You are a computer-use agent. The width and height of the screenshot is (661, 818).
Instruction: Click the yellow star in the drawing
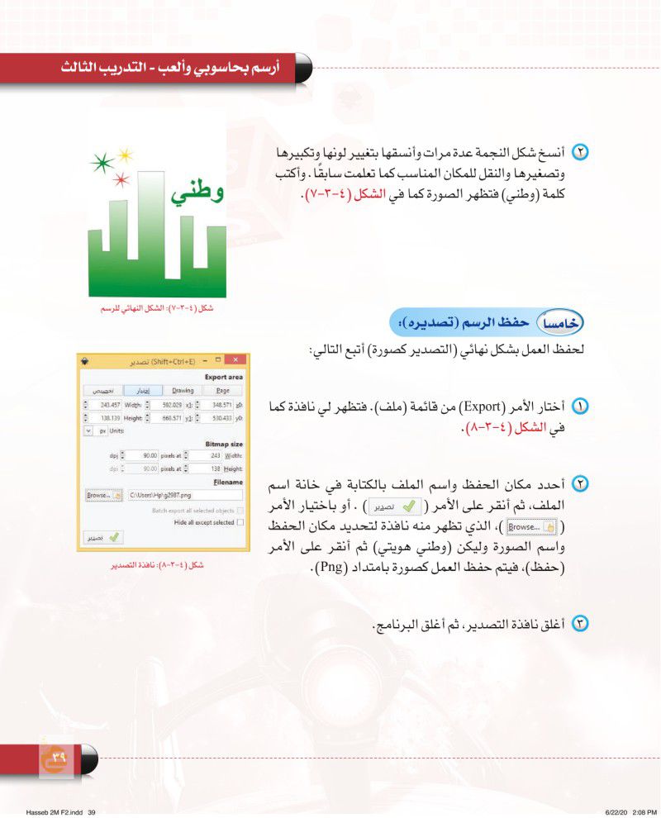tap(125, 154)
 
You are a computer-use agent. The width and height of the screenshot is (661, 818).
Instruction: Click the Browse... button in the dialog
tap(104, 495)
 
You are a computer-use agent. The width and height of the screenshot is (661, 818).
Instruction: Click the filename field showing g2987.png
tap(184, 495)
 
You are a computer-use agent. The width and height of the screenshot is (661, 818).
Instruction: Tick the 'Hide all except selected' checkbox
tap(240, 522)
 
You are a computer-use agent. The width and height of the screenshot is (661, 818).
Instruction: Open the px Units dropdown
tap(89, 430)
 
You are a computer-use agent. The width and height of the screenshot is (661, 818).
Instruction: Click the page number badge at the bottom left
tap(59, 756)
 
